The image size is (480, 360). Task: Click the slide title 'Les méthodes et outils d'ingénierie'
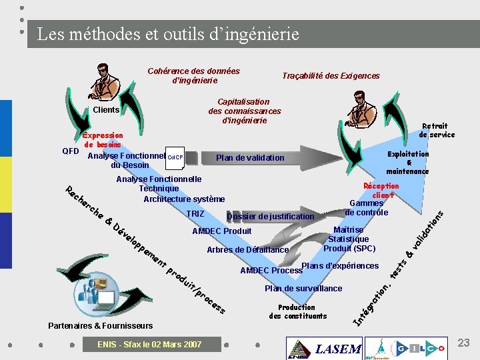tap(168, 33)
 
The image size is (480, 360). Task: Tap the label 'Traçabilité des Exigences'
tap(331, 76)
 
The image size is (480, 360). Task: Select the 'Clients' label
tap(106, 110)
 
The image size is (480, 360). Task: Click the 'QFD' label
tap(70, 151)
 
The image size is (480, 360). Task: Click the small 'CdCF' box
tap(175, 157)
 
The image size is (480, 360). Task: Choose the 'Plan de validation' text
tap(250, 158)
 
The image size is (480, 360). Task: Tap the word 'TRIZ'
tap(195, 214)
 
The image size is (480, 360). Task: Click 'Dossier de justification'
tap(270, 217)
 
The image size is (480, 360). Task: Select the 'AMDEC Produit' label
tap(221, 231)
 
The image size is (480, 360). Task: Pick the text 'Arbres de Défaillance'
tap(248, 250)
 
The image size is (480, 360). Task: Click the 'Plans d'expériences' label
tap(340, 266)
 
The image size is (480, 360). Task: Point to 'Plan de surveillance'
tap(303, 289)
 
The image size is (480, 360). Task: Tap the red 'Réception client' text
tap(381, 191)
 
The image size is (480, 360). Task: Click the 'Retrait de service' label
tap(437, 130)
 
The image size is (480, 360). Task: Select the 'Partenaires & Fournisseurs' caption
tap(101, 326)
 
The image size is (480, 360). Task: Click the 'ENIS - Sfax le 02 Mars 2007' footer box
tap(149, 345)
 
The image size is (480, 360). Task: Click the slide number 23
tap(463, 343)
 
